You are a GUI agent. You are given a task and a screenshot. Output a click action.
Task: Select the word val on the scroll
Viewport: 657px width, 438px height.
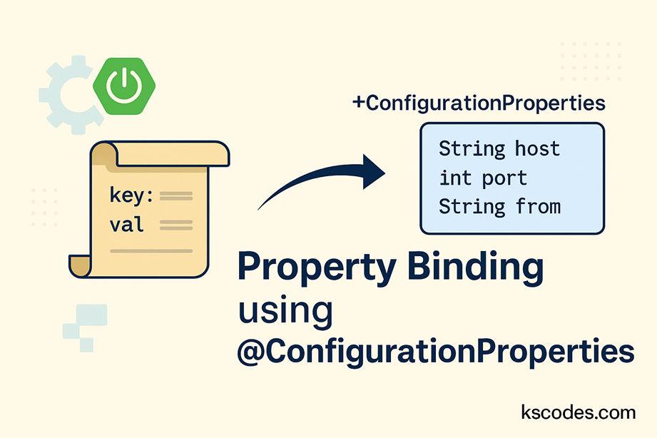[x=127, y=225]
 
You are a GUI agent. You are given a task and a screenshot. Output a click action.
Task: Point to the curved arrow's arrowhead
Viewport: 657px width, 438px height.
[x=372, y=172]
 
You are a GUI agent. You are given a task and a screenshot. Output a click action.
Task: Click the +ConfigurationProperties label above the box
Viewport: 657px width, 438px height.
[x=479, y=103]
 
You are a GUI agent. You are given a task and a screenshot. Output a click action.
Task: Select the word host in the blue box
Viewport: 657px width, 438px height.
[x=537, y=149]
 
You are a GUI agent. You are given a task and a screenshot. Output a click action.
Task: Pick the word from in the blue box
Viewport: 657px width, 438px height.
[x=537, y=207]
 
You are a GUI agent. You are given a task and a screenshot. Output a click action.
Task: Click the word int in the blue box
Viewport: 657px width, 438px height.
[x=454, y=178]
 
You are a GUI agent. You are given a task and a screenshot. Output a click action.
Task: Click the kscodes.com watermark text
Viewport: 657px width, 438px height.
[x=578, y=412]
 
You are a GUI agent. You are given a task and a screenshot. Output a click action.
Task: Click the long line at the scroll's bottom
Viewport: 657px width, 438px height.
[x=151, y=251]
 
